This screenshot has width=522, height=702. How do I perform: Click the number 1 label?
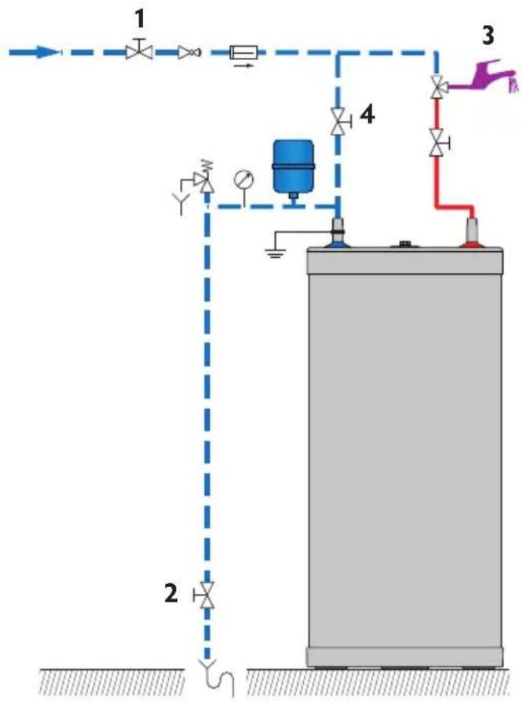138,16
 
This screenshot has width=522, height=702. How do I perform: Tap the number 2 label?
172,594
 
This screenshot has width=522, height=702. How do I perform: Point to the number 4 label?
367,115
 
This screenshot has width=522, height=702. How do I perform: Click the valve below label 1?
138,51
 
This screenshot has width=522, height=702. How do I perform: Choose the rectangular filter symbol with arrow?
244,52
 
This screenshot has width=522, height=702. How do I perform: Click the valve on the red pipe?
437,142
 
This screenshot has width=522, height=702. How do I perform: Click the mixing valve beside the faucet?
437,88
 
